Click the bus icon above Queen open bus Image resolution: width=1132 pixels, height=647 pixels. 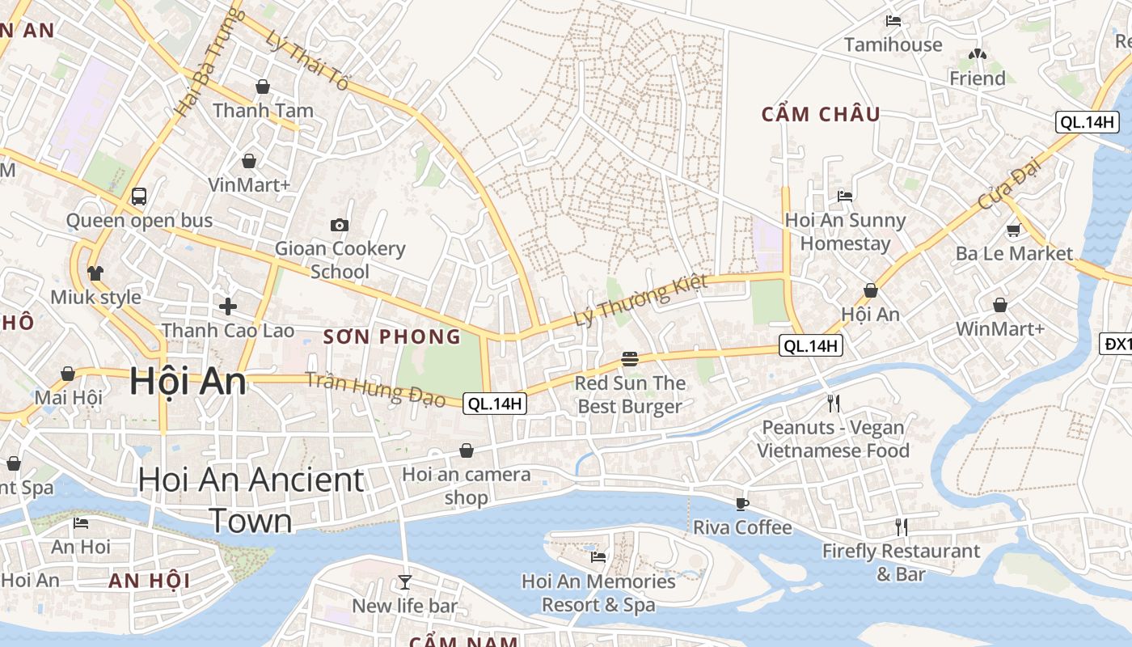139,196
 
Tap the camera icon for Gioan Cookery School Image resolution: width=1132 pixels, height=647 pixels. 340,225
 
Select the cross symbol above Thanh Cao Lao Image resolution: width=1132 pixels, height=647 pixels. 228,307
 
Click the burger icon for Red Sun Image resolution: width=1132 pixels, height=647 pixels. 630,359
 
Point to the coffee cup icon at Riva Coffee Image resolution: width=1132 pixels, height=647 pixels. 742,504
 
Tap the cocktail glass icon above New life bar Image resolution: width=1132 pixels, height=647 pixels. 404,581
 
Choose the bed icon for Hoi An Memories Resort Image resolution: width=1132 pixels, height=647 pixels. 598,556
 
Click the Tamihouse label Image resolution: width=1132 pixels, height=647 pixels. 893,44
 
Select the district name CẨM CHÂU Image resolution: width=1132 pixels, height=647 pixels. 821,115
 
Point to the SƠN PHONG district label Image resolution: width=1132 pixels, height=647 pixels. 392,337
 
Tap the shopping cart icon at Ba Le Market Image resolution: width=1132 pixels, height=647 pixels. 1013,230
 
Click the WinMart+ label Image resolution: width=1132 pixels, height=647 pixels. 1000,329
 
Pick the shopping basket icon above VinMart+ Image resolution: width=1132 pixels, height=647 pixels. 249,161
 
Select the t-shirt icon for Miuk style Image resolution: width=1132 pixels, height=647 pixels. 95,273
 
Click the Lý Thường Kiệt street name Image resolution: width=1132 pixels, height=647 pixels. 640,300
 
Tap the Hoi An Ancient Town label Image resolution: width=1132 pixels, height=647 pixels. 251,500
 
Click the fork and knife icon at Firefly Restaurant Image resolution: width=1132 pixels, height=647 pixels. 902,527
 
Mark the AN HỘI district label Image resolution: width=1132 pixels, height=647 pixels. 150,581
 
